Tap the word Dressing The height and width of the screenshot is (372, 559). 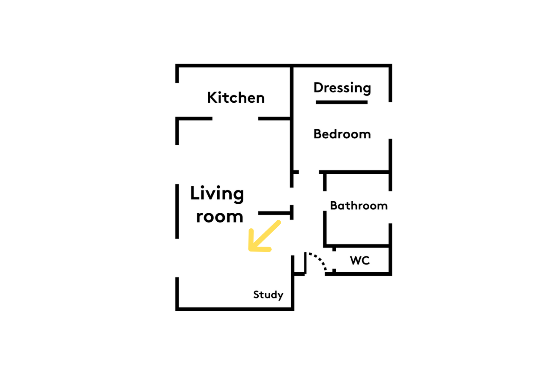(342, 88)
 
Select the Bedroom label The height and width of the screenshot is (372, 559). (342, 134)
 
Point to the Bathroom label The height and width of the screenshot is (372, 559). (359, 206)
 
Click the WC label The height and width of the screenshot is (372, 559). (360, 261)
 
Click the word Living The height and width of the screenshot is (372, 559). (217, 194)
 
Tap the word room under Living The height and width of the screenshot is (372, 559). (220, 217)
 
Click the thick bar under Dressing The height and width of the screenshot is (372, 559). (342, 102)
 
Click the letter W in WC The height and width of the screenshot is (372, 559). (356, 261)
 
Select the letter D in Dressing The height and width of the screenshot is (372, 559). (318, 87)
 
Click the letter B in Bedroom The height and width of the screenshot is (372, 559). (318, 134)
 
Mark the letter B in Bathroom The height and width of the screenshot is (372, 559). (334, 206)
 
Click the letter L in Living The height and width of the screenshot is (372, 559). (194, 193)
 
